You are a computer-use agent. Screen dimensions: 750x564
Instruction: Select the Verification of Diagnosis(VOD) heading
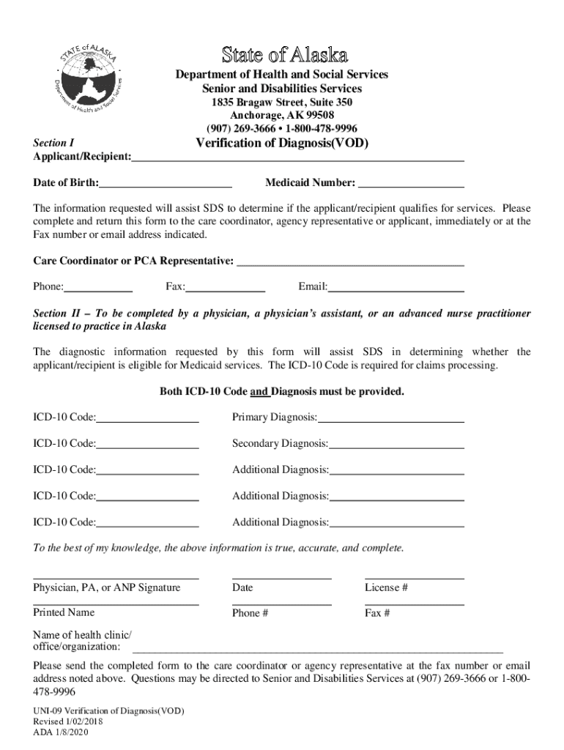[x=282, y=143]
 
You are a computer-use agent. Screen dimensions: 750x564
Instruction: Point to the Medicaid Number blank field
[x=411, y=183]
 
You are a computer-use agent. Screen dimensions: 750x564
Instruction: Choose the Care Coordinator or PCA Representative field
[x=351, y=261]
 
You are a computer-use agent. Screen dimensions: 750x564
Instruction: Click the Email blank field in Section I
[x=396, y=286]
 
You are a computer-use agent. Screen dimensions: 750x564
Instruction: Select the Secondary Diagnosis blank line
[x=396, y=444]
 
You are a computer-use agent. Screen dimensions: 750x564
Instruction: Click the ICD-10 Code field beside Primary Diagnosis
[x=147, y=417]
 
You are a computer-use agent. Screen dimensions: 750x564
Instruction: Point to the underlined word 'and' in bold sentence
[x=260, y=392]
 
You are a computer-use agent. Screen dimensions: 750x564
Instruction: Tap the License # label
[x=386, y=587]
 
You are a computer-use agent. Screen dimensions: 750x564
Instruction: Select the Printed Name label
[x=64, y=612]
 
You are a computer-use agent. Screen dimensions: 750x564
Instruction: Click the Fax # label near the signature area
[x=377, y=613]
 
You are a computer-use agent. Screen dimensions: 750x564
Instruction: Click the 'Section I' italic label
[x=53, y=144]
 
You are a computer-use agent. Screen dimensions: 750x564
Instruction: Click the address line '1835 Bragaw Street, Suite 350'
[x=282, y=102]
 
